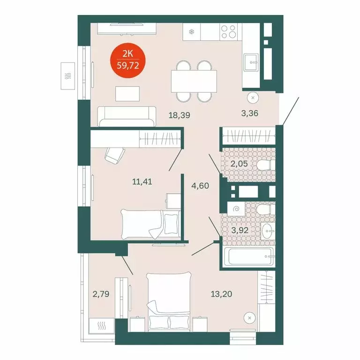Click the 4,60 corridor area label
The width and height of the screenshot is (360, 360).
199,185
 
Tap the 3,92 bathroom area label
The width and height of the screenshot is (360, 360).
240,230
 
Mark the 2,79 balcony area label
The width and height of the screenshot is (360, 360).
101,295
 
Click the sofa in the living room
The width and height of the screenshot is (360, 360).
127,116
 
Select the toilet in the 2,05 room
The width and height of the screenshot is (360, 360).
265,165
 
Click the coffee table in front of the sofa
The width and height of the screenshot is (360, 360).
127,93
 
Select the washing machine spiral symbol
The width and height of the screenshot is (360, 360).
236,210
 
